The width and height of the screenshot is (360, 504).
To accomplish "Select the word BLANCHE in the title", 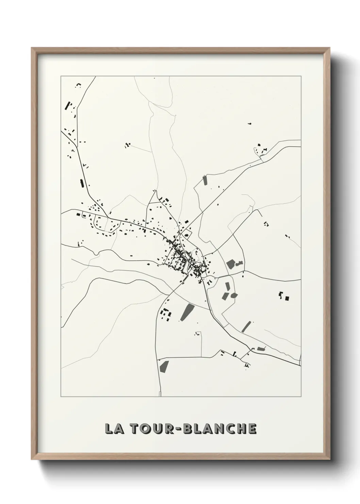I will click(220, 429).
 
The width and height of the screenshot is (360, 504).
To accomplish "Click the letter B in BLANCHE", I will click(188, 429).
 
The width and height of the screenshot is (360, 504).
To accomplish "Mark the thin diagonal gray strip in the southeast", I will click(246, 327).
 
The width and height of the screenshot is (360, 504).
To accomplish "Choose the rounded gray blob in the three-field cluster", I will click(233, 295).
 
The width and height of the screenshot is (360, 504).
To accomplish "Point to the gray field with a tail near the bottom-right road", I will click(261, 349).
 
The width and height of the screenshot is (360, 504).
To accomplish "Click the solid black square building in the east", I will click(287, 298).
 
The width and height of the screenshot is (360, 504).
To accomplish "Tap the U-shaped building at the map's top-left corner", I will click(79, 84).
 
